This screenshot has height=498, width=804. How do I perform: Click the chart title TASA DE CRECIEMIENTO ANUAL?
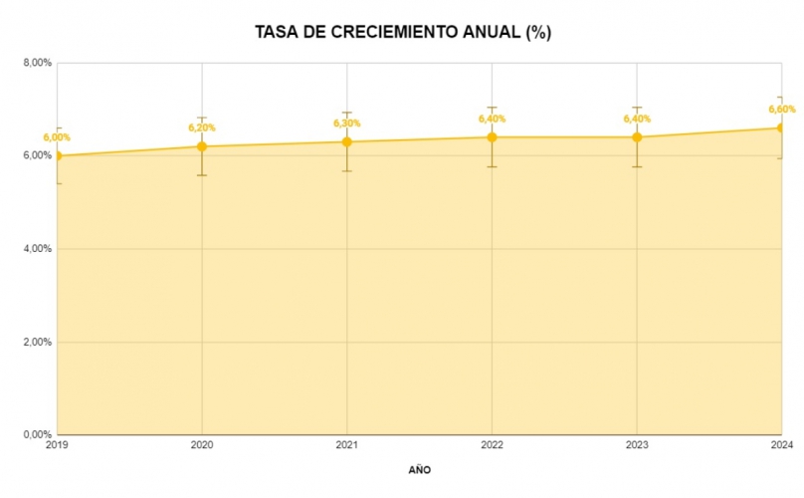403,32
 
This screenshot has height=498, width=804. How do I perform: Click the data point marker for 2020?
202,146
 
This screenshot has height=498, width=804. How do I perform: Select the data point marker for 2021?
347,141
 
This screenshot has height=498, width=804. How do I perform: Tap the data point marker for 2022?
492,137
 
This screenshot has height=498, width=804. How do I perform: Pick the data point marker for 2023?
637,137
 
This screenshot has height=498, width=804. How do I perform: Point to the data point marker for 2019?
58,155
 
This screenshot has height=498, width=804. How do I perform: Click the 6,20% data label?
202,127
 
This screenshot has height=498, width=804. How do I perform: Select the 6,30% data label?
347,124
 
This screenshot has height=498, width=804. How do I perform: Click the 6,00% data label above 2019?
57,137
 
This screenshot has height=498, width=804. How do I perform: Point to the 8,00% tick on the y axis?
38,63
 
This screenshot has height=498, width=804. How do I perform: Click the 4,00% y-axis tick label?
38,249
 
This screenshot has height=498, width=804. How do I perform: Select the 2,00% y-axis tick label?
38,342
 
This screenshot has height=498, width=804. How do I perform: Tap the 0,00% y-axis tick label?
38,434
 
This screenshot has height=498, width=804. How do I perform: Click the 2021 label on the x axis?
347,444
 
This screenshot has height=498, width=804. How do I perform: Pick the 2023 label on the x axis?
637,444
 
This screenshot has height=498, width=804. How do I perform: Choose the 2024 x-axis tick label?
782,444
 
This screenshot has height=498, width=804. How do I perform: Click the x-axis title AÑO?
420,468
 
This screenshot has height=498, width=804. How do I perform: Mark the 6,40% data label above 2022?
492,119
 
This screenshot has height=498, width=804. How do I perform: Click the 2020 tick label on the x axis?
202,444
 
